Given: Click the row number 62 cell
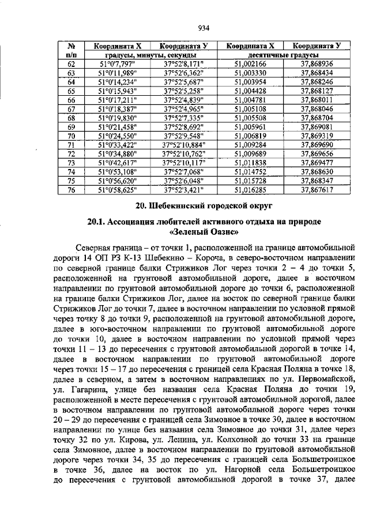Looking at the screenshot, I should tap(71, 64).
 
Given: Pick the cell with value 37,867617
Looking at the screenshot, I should tap(317, 189).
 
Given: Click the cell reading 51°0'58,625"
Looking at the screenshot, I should tap(118, 189).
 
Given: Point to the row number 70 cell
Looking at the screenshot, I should tap(71, 136).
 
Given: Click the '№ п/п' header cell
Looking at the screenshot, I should tap(71, 50).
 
